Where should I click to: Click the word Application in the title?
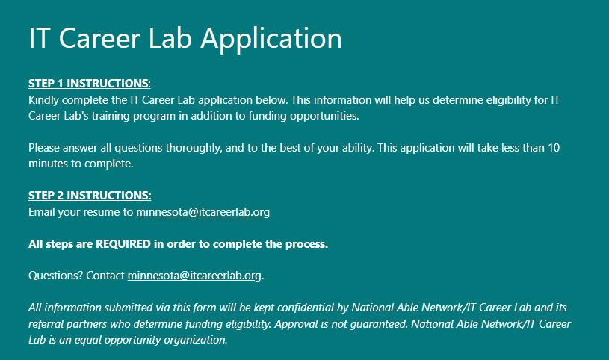point(271,40)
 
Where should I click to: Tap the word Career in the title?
point(99,38)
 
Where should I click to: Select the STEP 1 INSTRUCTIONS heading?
point(90,83)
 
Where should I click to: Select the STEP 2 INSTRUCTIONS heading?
point(90,195)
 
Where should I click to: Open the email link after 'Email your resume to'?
point(203,212)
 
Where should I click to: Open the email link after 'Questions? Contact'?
point(194,276)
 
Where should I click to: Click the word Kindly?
point(43,100)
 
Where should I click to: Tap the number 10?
point(554,148)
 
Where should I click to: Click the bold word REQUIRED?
point(123,244)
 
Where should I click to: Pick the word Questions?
point(55,276)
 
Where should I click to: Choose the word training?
point(111,116)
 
